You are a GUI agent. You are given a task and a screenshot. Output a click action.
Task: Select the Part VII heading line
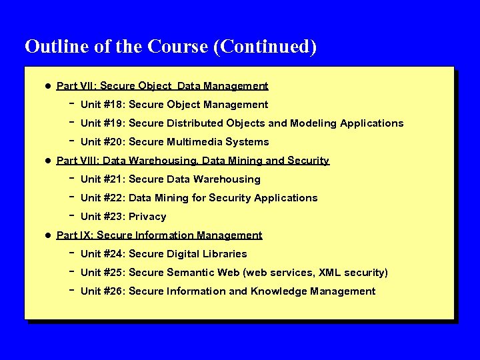pyautogui.click(x=162, y=86)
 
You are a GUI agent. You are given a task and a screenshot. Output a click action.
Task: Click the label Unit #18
pyautogui.click(x=101, y=105)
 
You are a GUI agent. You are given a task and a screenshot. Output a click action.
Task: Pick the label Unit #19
pyautogui.click(x=101, y=123)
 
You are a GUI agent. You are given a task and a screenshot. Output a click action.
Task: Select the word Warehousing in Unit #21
pyautogui.click(x=228, y=179)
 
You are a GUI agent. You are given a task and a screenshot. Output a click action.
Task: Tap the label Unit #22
pyautogui.click(x=101, y=198)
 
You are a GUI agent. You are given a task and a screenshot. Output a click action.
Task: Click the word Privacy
pyautogui.click(x=147, y=217)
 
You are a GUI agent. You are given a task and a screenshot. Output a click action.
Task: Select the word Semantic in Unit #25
pyautogui.click(x=188, y=273)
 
